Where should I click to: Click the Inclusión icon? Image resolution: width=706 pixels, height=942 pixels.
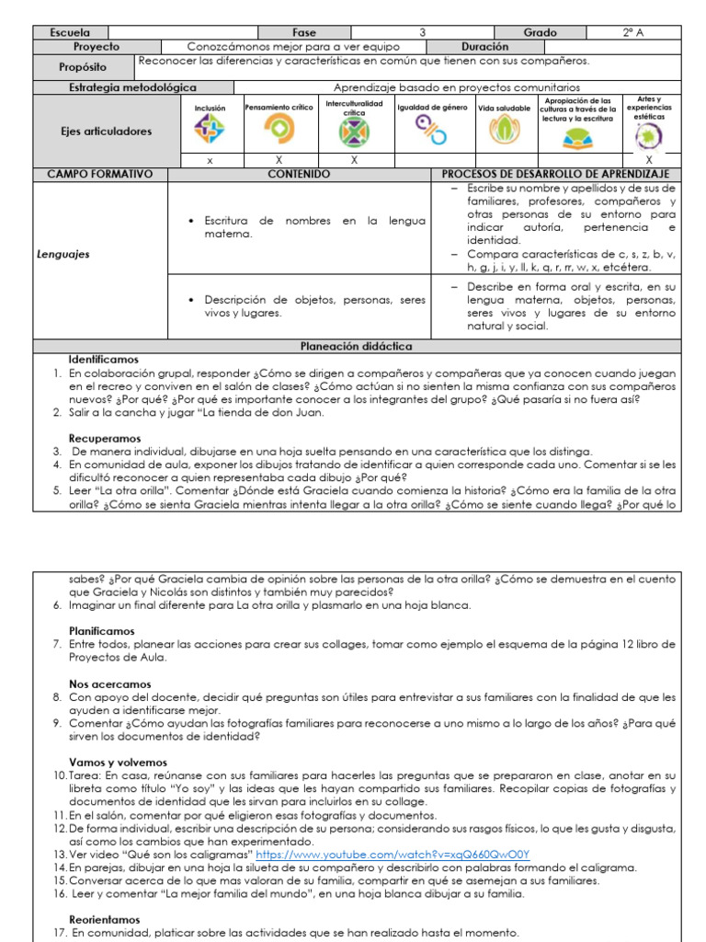(x=210, y=132)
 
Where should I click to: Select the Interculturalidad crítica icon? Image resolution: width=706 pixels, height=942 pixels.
(x=354, y=133)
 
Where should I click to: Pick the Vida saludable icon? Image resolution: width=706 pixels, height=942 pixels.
(x=503, y=132)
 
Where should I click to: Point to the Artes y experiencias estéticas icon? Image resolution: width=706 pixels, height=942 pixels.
(x=649, y=136)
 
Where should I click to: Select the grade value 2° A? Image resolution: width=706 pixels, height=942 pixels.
(x=632, y=32)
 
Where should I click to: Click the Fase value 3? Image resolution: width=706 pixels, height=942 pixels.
(x=422, y=32)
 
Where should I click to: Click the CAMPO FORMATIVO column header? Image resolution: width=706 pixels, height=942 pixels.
(x=100, y=174)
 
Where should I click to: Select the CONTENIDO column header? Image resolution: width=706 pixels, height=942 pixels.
(x=299, y=174)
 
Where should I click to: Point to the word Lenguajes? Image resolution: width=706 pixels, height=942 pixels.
(x=63, y=255)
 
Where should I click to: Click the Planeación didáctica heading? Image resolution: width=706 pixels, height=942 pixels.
(x=357, y=346)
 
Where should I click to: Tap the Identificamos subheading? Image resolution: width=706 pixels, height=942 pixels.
(x=104, y=360)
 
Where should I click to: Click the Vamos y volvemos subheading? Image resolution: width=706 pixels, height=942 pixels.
(x=118, y=763)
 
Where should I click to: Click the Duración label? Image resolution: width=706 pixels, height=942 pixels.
(x=485, y=46)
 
